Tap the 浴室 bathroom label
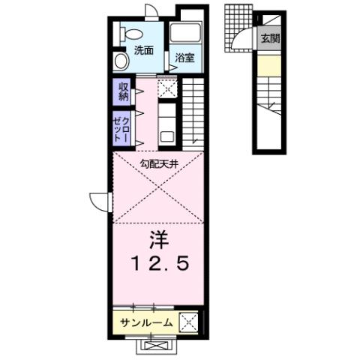[185, 57]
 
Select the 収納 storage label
[124, 91]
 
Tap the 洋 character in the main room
[158, 241]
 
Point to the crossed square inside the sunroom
[189, 322]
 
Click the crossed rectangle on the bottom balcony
[158, 346]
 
